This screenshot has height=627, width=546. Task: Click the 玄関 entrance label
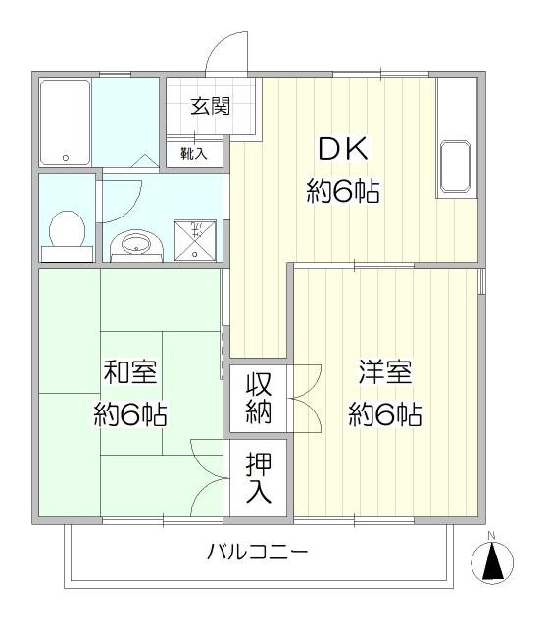click(210, 107)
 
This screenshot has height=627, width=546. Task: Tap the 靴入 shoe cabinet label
click(194, 153)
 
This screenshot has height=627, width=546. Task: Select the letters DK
click(343, 148)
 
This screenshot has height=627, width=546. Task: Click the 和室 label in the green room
click(130, 372)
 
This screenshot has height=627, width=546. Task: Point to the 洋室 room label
click(385, 372)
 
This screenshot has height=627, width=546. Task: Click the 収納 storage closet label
click(259, 398)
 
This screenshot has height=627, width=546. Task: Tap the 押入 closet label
click(259, 477)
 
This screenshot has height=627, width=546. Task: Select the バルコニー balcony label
click(258, 552)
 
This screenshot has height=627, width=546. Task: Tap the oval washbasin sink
click(136, 243)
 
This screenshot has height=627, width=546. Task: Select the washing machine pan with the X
click(195, 241)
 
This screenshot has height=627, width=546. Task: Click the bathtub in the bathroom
click(65, 122)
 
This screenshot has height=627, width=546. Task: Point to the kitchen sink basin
click(455, 166)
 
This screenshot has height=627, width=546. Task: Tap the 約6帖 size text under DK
click(343, 192)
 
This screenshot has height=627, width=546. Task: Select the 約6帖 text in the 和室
click(130, 414)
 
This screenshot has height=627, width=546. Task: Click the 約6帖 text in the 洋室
click(385, 414)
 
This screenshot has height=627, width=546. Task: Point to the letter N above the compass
click(492, 536)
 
